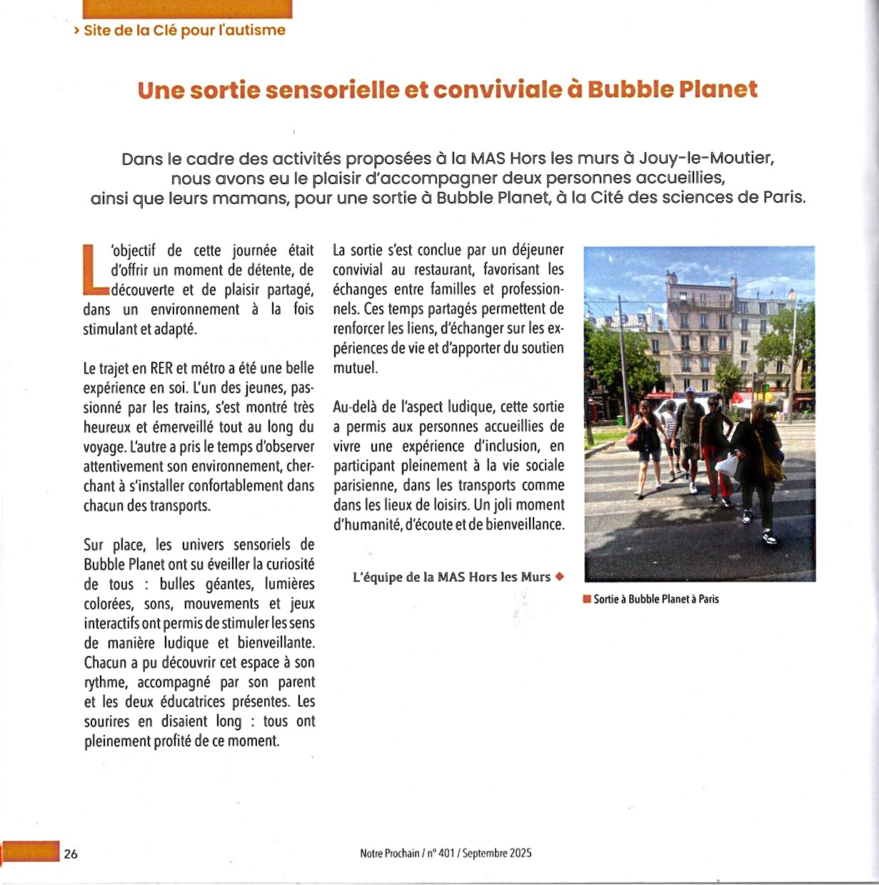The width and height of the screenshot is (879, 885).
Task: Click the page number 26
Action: [71, 854]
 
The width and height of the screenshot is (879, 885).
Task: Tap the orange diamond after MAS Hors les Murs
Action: [560, 577]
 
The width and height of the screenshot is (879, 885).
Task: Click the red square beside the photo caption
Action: [587, 600]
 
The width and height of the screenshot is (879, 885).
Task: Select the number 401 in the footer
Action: [446, 854]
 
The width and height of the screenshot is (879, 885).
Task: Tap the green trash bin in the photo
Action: [620, 420]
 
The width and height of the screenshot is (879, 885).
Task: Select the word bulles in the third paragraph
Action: [178, 585]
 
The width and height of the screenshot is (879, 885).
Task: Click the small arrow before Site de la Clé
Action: [76, 31]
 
